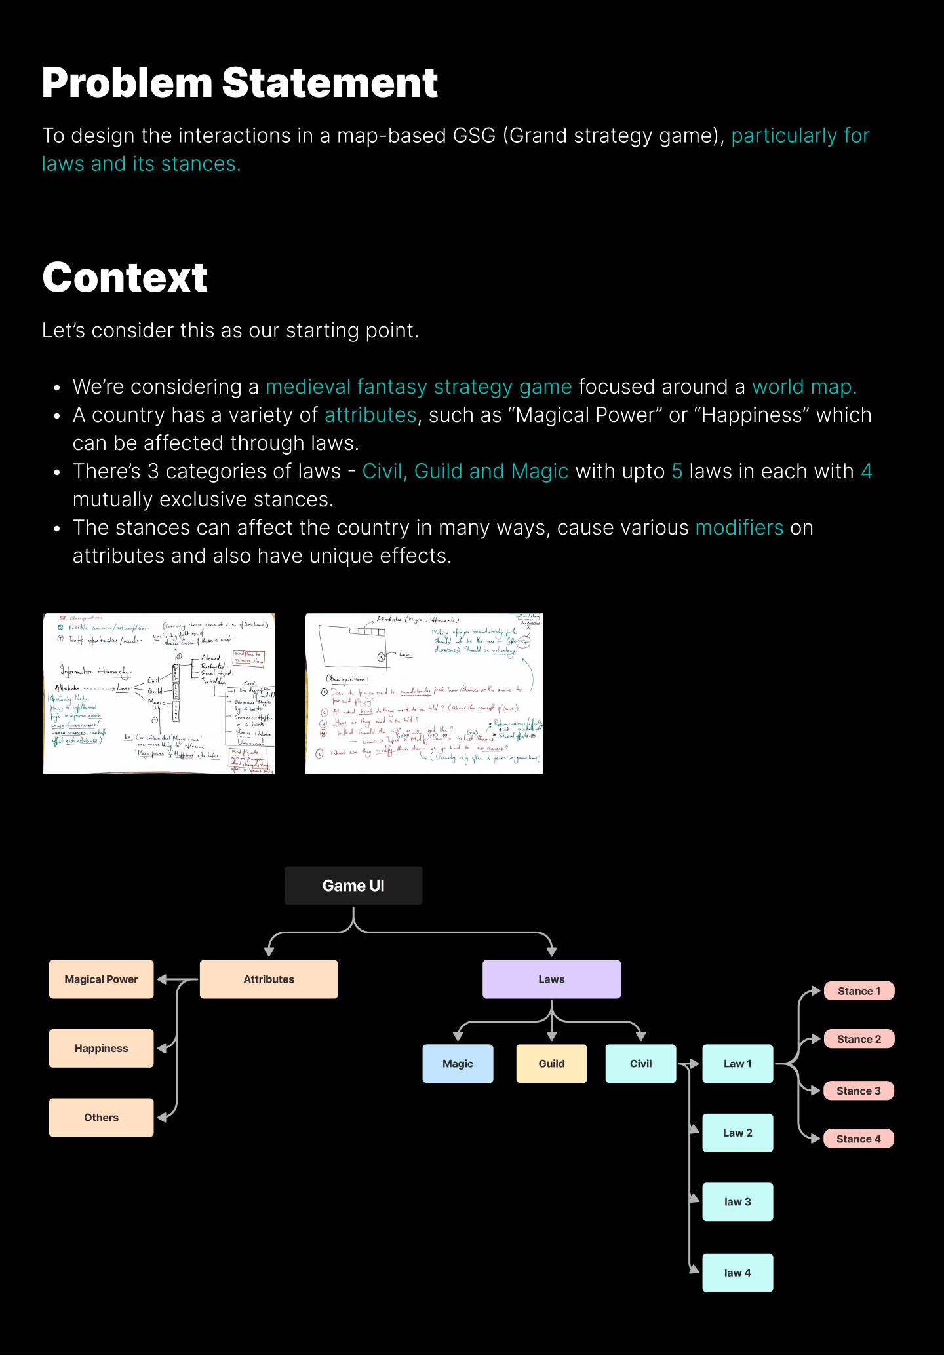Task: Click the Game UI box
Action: tap(353, 886)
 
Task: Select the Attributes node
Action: tap(269, 979)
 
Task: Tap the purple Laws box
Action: tap(551, 979)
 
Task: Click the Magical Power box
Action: tap(102, 979)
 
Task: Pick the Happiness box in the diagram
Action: tap(102, 1048)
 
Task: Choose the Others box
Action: tap(102, 1118)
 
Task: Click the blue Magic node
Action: tap(458, 1064)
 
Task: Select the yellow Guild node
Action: tap(551, 1064)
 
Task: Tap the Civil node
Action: tap(640, 1064)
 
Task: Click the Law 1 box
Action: tap(737, 1064)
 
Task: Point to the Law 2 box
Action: tap(737, 1133)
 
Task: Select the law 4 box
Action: tap(737, 1273)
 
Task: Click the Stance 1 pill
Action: tap(859, 991)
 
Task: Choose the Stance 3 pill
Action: tap(859, 1091)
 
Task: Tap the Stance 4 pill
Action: tap(859, 1139)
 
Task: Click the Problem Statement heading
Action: tap(240, 83)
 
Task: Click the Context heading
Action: tap(125, 277)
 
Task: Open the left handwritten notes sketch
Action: tap(159, 694)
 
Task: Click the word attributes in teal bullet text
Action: tap(370, 415)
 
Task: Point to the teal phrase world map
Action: tap(804, 387)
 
